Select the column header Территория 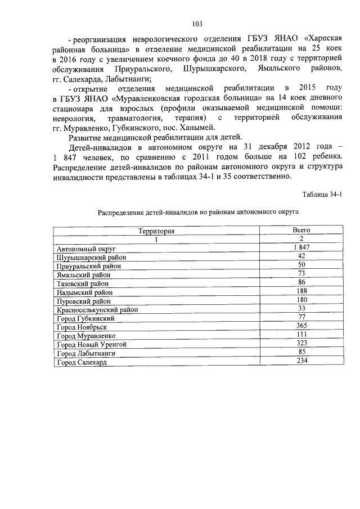[x=156, y=231]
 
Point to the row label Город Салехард [x=82, y=363]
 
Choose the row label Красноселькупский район [x=97, y=309]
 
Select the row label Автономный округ [x=85, y=248]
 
